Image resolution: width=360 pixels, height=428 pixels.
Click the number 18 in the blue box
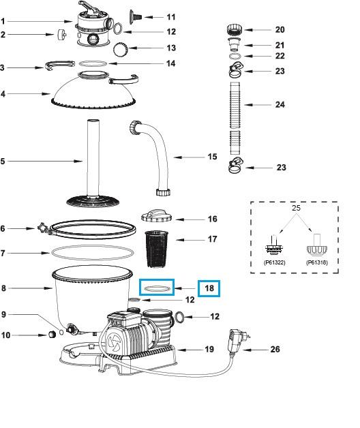(209, 288)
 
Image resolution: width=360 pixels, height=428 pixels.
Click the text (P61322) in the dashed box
(274, 261)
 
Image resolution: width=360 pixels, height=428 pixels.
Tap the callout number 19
(209, 349)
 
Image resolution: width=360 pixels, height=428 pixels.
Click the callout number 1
(3, 22)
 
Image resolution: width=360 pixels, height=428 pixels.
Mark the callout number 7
(3, 253)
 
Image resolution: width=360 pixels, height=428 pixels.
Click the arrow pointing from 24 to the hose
(258, 104)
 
